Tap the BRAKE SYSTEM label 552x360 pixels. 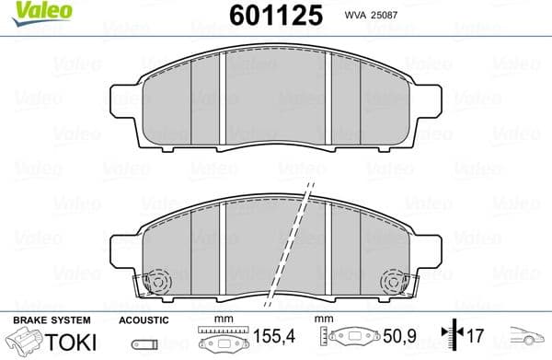51,319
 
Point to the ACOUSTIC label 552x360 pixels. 144,319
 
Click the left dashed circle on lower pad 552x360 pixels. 157,280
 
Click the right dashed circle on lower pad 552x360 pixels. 394,280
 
